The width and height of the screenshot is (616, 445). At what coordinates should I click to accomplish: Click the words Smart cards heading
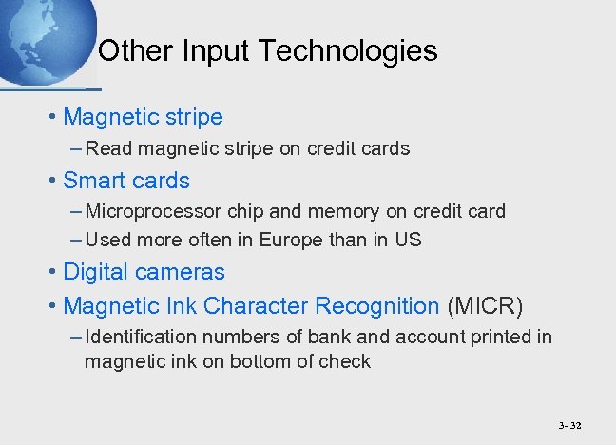coord(126,181)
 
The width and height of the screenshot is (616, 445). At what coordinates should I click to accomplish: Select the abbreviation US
coord(408,241)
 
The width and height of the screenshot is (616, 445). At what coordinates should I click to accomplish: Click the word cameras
coord(180,272)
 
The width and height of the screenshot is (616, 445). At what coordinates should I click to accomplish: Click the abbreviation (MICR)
coord(485,306)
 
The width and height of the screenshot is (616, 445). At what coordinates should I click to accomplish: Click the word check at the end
coord(347,361)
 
